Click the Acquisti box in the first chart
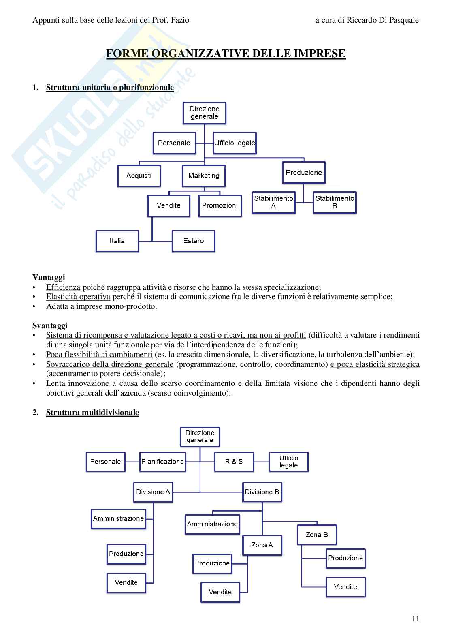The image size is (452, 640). click(x=139, y=176)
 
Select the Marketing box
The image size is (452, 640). click(x=204, y=176)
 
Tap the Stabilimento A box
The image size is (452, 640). click(x=273, y=202)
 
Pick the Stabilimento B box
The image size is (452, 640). click(x=335, y=202)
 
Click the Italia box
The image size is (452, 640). click(x=117, y=241)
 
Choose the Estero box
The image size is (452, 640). click(x=193, y=241)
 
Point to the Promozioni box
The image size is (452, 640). click(x=220, y=205)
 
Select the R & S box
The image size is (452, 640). click(x=234, y=461)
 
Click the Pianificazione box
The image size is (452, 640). click(x=162, y=461)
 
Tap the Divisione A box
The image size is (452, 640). click(x=153, y=492)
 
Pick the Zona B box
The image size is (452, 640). click(x=317, y=535)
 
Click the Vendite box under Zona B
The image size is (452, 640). click(x=345, y=586)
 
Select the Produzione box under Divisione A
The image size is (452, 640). click(x=126, y=554)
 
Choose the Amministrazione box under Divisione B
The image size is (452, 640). click(x=212, y=524)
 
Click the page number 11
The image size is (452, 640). click(x=416, y=619)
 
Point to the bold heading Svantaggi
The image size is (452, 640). click(x=50, y=325)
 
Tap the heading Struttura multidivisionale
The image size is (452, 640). click(x=92, y=412)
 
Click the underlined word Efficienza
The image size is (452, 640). click(x=63, y=287)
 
